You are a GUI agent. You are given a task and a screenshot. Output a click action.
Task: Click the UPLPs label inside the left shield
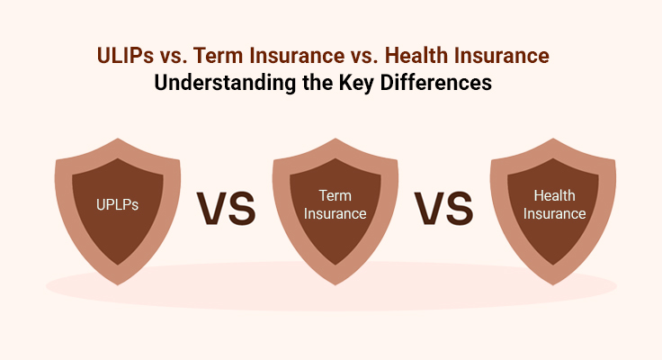pos(118,204)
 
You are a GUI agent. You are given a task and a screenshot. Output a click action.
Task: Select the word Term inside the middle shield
pos(335,194)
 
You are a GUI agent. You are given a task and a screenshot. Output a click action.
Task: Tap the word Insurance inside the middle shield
pos(335,214)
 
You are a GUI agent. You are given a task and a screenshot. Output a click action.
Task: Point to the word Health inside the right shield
pos(552,194)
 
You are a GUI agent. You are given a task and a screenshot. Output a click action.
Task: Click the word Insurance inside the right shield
pos(552,214)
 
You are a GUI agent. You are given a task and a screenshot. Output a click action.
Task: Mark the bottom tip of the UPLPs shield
pos(118,287)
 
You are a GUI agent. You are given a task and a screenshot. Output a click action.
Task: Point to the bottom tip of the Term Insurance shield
pos(335,287)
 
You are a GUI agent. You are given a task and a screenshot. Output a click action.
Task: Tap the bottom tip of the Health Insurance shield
pos(552,287)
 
